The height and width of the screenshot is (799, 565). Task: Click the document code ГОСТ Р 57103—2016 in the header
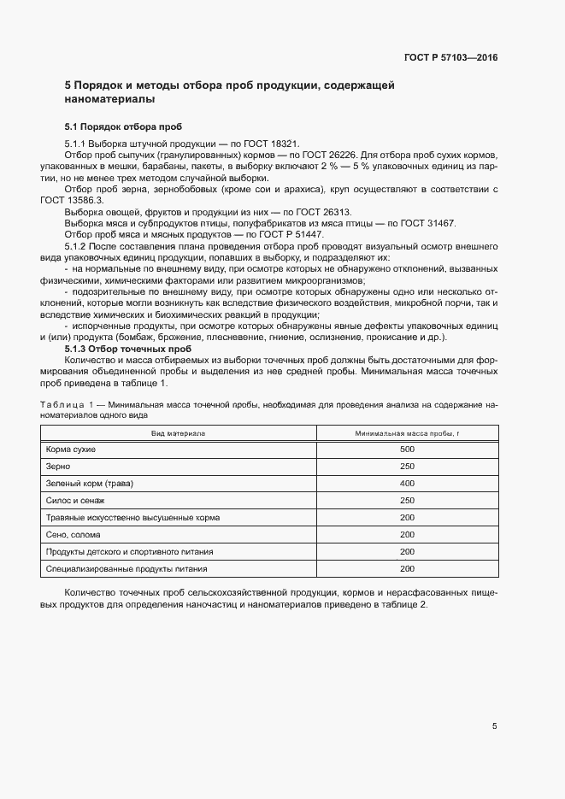tap(450, 57)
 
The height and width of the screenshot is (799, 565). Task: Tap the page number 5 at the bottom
tap(494, 726)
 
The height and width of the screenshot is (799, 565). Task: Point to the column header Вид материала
tap(179, 433)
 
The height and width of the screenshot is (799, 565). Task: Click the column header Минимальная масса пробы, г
tap(407, 433)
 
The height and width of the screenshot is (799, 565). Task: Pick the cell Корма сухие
tap(71, 449)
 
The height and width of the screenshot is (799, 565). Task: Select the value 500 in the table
tap(407, 449)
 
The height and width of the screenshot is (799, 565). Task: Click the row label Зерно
tap(58, 467)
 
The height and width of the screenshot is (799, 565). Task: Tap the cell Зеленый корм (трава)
tap(91, 484)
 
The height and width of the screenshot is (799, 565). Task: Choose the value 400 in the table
tap(407, 484)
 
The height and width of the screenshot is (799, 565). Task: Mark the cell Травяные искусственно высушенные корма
tap(133, 518)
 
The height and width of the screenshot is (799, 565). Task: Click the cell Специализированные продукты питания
tap(127, 569)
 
